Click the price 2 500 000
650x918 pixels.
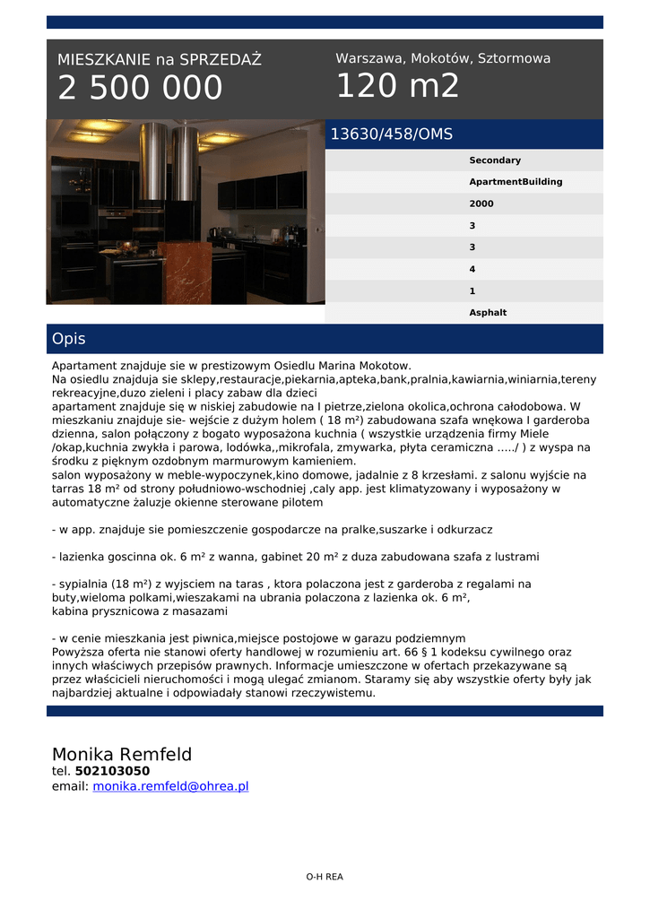(140, 88)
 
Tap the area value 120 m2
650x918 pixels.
(397, 86)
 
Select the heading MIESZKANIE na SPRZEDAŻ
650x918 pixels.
(160, 60)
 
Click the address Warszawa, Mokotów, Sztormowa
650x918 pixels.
(443, 58)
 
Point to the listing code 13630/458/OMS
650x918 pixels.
(392, 134)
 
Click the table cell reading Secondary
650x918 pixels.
(495, 160)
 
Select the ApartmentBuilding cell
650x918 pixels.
(516, 182)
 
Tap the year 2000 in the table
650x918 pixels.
(481, 204)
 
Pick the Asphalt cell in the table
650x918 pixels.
(488, 313)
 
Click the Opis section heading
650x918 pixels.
(69, 339)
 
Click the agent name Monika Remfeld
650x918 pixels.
(122, 754)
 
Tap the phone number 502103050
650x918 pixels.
(112, 771)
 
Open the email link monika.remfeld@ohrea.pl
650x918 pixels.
(170, 786)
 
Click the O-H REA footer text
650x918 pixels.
(325, 877)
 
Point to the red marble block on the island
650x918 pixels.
(185, 270)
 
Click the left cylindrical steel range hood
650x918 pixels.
(152, 161)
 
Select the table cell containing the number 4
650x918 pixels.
(472, 269)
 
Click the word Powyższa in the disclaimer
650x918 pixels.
(78, 652)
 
